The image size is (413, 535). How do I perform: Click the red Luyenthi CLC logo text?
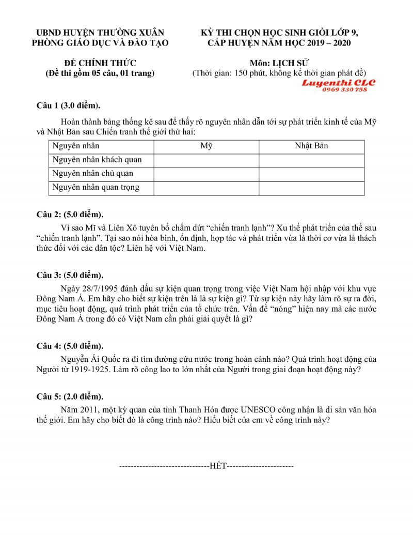[339, 83]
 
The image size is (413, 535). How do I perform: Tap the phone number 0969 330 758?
[344, 89]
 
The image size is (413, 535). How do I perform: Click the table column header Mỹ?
[206, 146]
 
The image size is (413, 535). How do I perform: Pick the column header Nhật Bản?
[311, 146]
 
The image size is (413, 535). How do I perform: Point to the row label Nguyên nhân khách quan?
[97, 160]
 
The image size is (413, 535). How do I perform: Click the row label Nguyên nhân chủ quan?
[92, 174]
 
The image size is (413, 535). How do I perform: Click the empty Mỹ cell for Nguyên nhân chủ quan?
[206, 174]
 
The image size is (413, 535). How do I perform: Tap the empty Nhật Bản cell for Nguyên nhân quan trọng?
[311, 188]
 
